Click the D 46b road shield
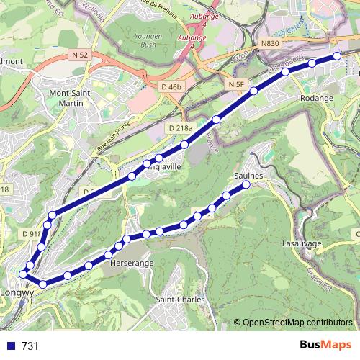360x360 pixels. pyautogui.click(x=168, y=86)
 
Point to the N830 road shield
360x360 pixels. pyautogui.click(x=269, y=44)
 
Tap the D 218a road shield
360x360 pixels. pyautogui.click(x=180, y=128)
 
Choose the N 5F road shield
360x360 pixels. pyautogui.click(x=237, y=85)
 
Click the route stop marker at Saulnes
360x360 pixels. pyautogui.click(x=246, y=184)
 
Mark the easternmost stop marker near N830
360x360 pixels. pyautogui.click(x=336, y=55)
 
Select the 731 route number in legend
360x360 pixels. pyautogui.click(x=30, y=346)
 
